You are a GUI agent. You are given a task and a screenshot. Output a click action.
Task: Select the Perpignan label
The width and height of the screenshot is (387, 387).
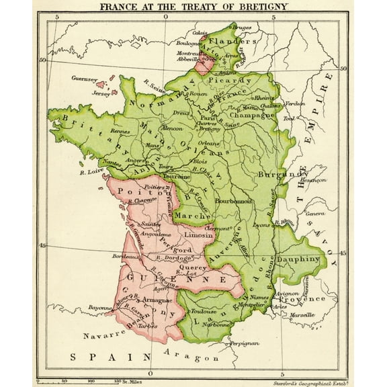coord(244,343)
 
